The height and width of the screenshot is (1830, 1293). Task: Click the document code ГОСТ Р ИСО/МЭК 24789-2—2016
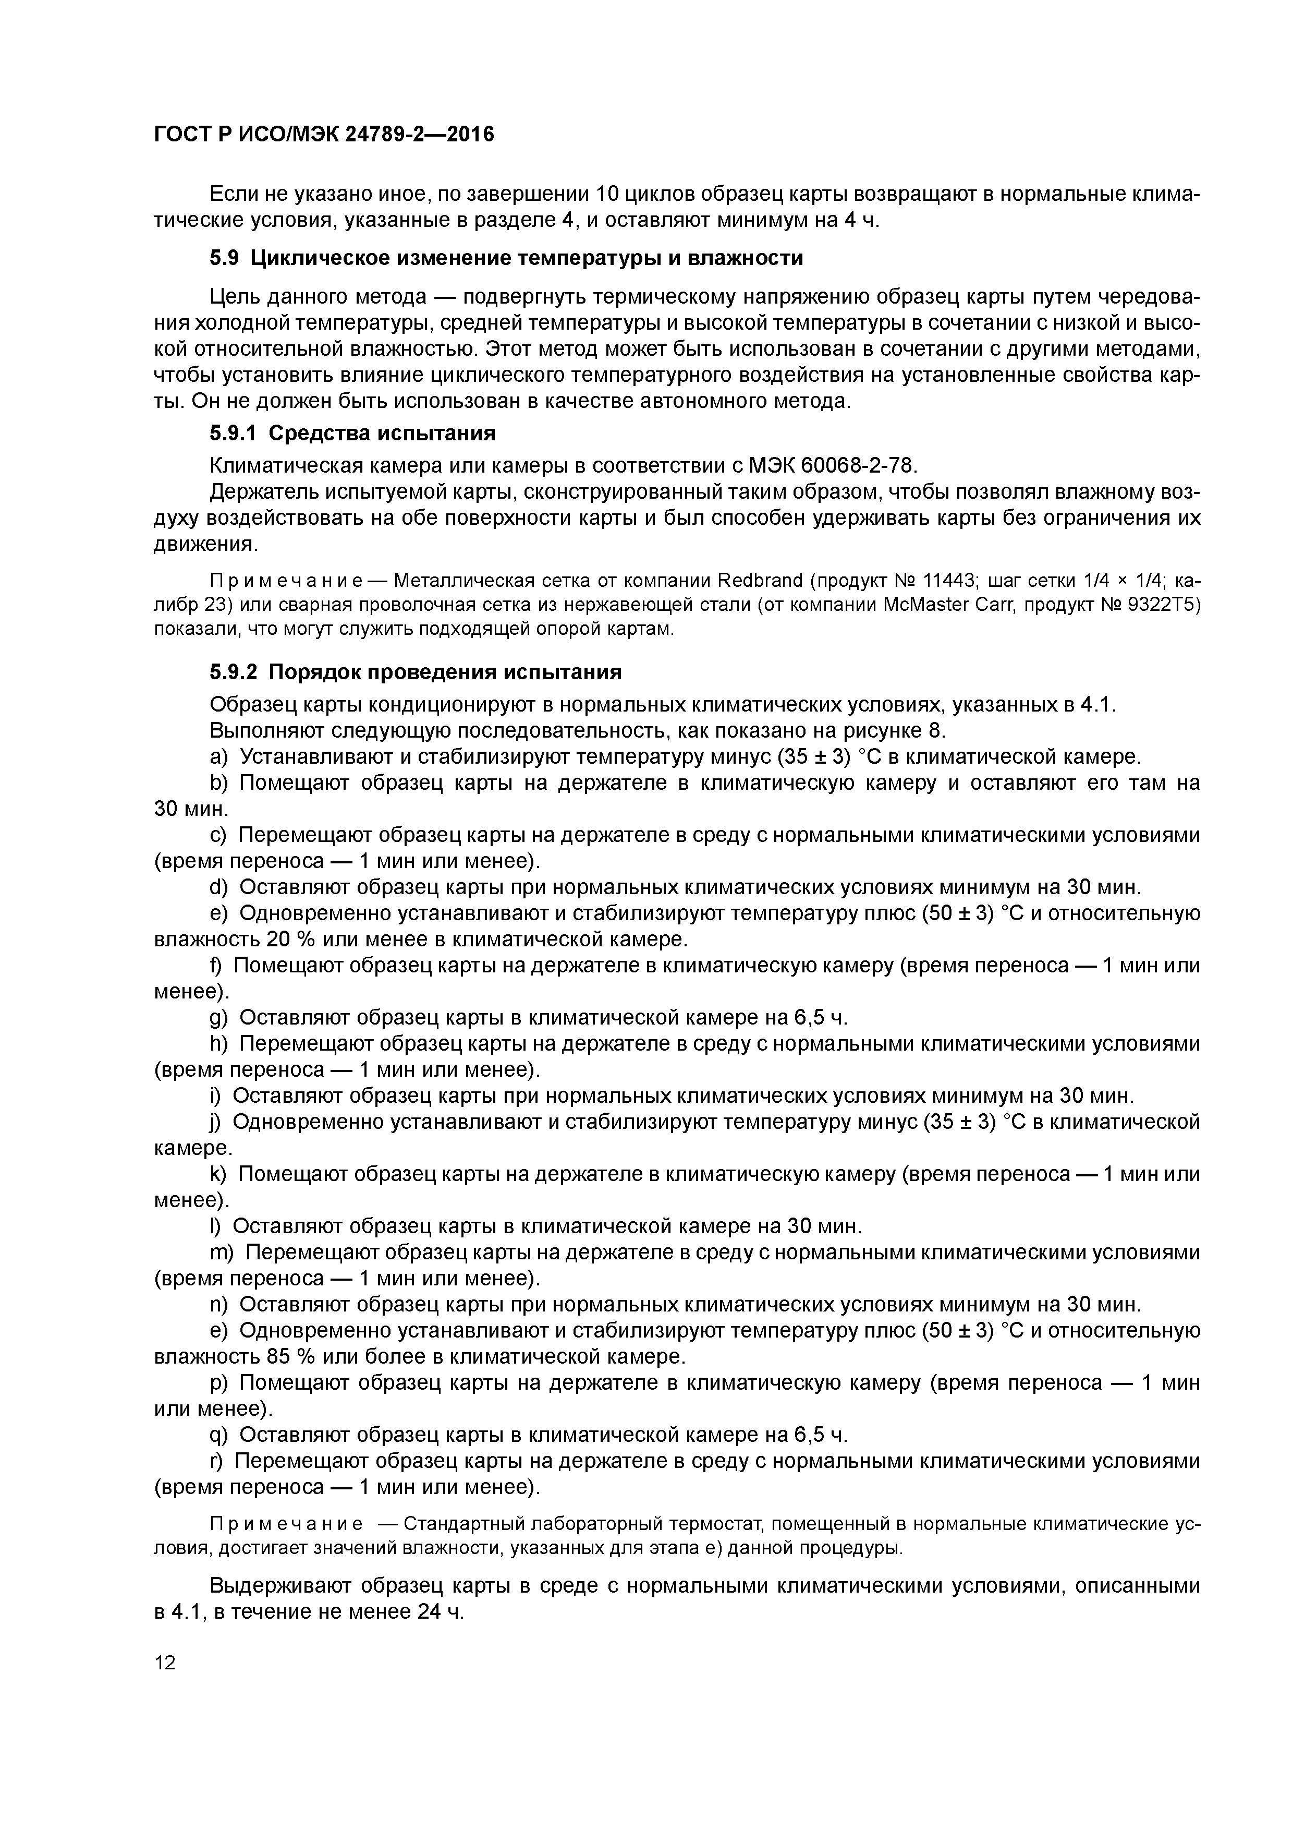pyautogui.click(x=323, y=135)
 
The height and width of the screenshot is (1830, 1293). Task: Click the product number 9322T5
pyautogui.click(x=1162, y=604)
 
